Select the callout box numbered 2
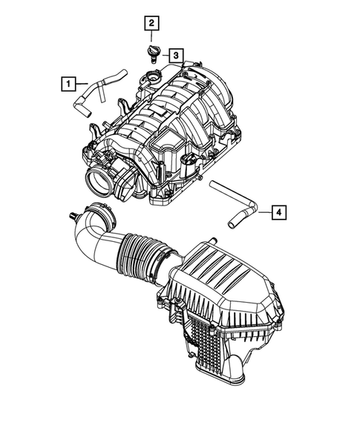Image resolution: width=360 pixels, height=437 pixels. point(151,24)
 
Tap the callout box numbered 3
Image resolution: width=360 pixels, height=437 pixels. point(174,55)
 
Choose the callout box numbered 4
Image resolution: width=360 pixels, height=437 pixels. point(278,214)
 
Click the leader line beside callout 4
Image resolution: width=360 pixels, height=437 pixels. point(263,214)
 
